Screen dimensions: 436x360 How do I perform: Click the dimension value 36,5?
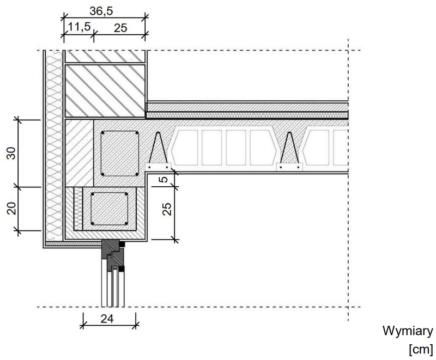click(x=101, y=11)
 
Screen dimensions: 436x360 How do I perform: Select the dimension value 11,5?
click(x=79, y=27)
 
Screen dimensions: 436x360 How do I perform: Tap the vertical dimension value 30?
click(x=11, y=153)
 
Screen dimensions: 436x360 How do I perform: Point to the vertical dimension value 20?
click(x=11, y=208)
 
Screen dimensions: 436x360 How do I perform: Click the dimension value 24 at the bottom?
click(x=107, y=319)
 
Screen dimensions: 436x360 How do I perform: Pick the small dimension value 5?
click(x=165, y=179)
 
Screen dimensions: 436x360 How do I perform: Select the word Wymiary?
click(x=408, y=331)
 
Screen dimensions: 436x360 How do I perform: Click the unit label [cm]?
click(x=421, y=349)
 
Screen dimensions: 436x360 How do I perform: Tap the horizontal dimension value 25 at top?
click(x=120, y=28)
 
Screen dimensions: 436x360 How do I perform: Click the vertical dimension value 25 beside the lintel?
click(x=167, y=209)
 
